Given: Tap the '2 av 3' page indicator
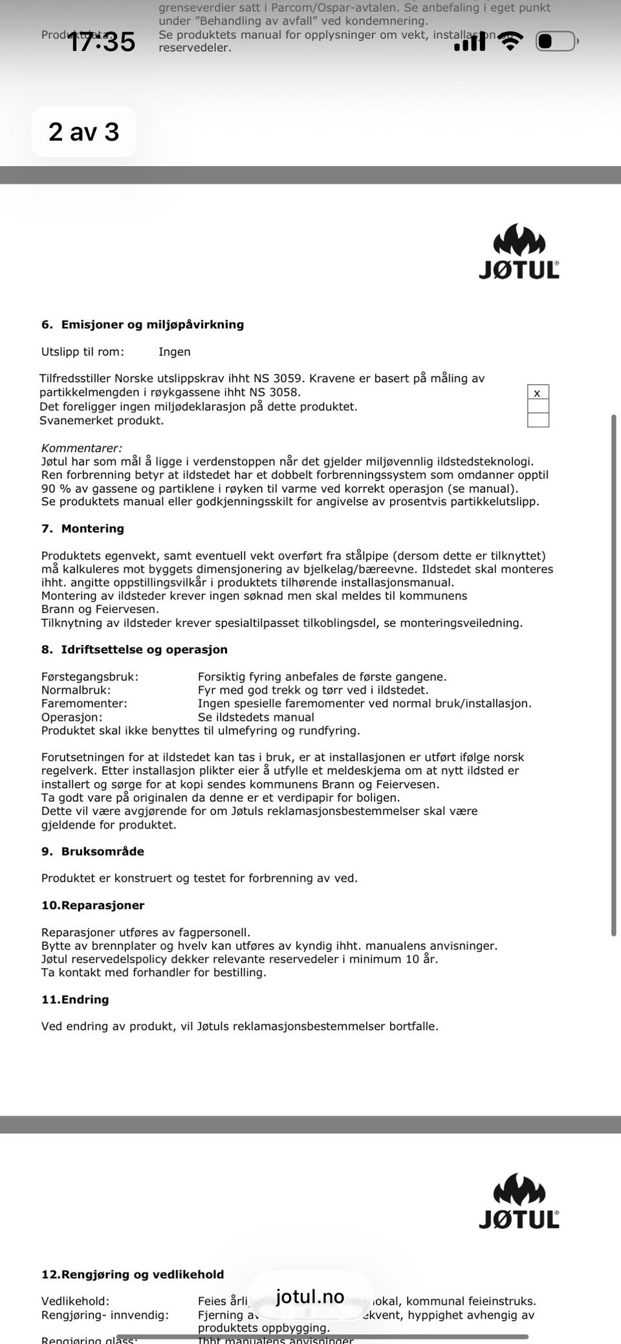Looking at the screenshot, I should (x=84, y=132).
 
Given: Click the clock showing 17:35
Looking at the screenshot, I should (x=101, y=42).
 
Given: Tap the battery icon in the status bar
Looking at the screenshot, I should (x=556, y=41).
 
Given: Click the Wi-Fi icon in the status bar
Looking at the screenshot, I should (x=510, y=41).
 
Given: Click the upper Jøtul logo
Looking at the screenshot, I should (x=519, y=252).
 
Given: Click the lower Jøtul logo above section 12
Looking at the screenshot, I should (x=519, y=1200).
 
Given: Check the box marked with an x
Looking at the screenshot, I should (x=538, y=393).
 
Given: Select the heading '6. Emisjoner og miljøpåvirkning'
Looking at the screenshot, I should (x=142, y=325).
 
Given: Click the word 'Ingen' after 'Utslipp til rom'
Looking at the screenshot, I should (x=175, y=352).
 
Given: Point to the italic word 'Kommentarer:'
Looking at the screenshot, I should (x=82, y=448).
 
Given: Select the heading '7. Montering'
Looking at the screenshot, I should (x=83, y=528).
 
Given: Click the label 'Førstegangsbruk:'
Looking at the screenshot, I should (x=90, y=677).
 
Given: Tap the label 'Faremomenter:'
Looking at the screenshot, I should (x=84, y=703).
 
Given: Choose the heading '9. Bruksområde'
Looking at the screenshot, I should (x=93, y=851).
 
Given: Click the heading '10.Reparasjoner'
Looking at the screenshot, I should (x=93, y=905).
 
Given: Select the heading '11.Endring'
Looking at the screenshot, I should (x=75, y=999).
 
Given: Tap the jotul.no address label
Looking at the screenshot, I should (x=310, y=1296).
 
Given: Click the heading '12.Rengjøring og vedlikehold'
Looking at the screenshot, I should (x=133, y=1274).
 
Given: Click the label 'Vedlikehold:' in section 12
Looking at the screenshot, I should (x=75, y=1301).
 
